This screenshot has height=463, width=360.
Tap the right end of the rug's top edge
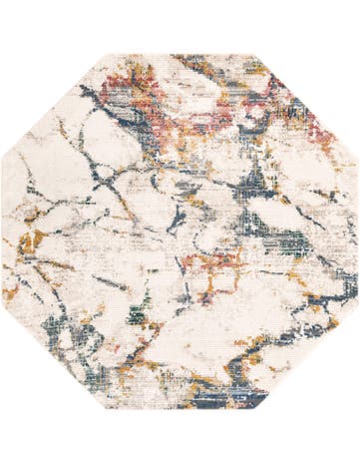click(x=253, y=54)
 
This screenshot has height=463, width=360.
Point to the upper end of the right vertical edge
click(x=358, y=158)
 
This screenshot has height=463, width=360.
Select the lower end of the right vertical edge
click(x=358, y=306)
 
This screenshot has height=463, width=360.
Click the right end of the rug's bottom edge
click(x=253, y=409)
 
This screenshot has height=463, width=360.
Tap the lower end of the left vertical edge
click(x=2, y=306)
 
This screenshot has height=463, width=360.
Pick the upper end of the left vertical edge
click(x=2, y=158)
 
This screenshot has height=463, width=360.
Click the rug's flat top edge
click(x=180, y=55)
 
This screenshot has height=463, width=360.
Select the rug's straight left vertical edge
click(x=3, y=231)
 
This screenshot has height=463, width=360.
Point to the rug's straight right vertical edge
click(x=357, y=231)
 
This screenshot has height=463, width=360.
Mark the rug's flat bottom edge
click(x=180, y=408)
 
